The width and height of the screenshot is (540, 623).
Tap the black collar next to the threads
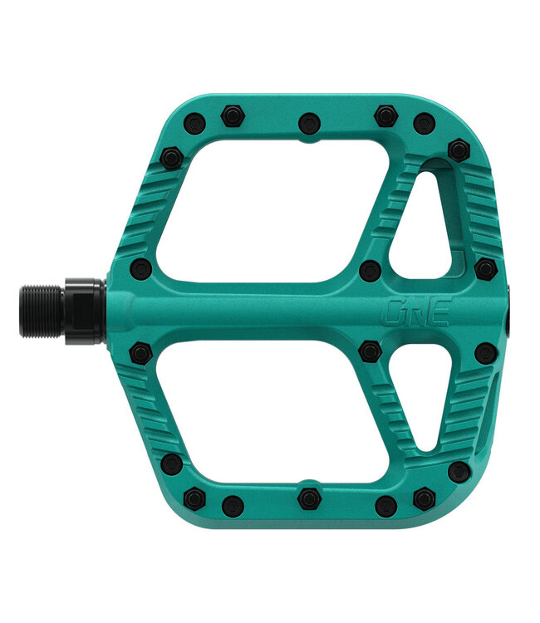84,311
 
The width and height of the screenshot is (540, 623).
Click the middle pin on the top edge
310,123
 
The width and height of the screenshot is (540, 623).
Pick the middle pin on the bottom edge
309,498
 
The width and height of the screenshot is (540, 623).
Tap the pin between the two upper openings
371,269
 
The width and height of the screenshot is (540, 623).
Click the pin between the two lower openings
371,352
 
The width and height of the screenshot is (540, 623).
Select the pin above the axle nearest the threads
141,268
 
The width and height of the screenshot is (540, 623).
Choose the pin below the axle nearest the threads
141,355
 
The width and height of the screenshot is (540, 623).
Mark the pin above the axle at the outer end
486,268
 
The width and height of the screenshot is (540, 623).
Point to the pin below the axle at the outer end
486,352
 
